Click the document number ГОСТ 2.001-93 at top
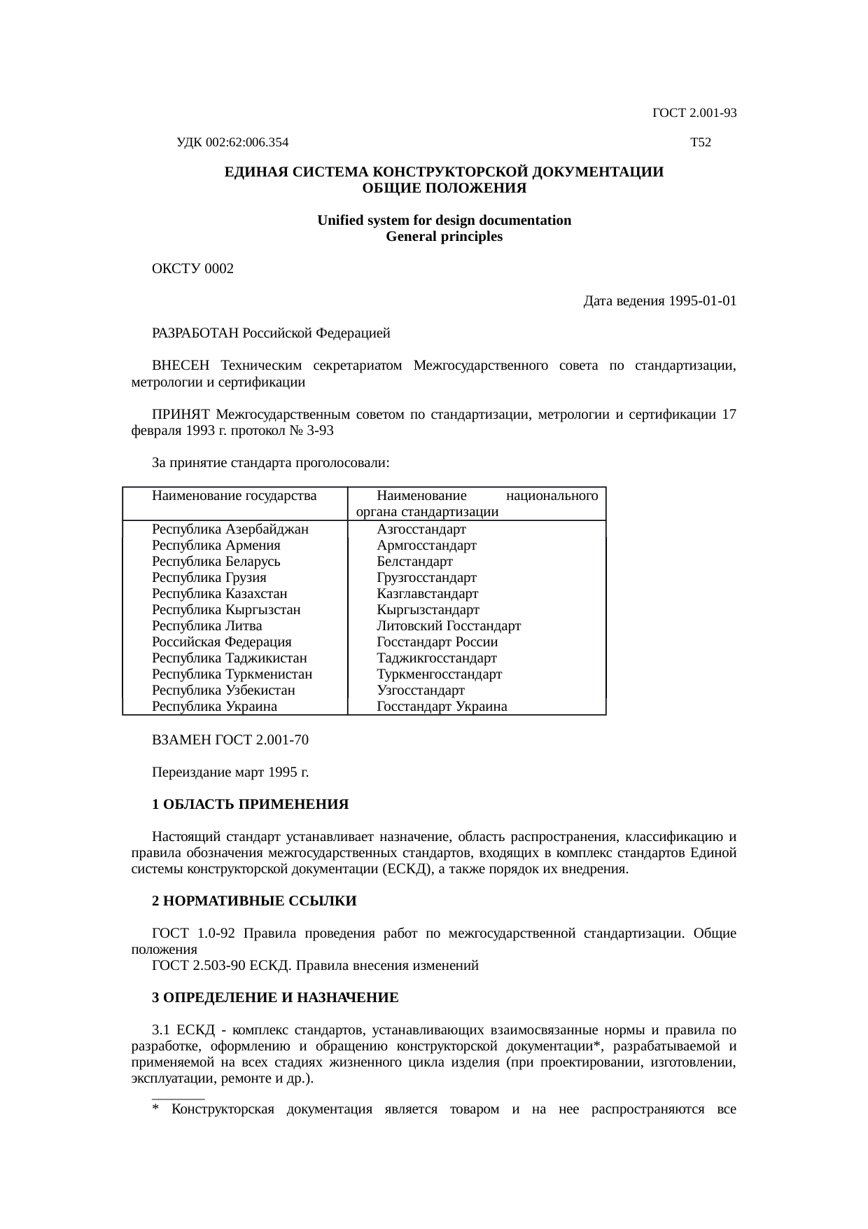(x=694, y=113)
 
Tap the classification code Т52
(x=700, y=143)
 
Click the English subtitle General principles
(x=444, y=237)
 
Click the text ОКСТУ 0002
(x=192, y=269)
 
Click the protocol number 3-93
(x=320, y=431)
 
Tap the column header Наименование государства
(x=234, y=496)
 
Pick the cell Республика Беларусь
(x=216, y=562)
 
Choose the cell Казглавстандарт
(x=427, y=594)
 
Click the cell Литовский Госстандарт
(x=448, y=626)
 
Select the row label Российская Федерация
(x=221, y=642)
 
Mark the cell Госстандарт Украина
(x=441, y=707)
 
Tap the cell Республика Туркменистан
(x=232, y=674)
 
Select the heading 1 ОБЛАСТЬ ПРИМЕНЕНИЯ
(x=250, y=805)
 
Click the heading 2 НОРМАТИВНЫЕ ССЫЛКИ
(x=254, y=901)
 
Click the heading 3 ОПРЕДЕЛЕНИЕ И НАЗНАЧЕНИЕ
(x=275, y=998)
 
